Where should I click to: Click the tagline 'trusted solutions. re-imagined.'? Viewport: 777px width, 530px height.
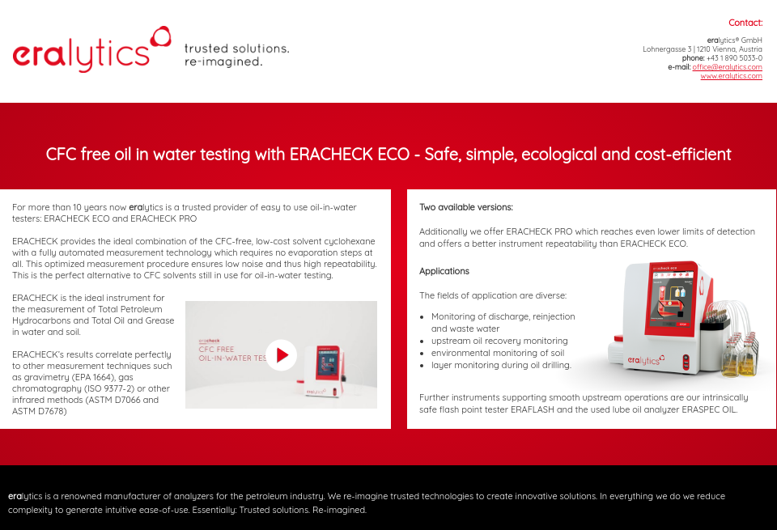[x=236, y=55]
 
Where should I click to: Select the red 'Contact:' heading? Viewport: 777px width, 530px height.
[x=745, y=23]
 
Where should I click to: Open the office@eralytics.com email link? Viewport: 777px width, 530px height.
[x=727, y=67]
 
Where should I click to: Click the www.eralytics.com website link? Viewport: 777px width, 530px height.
[x=731, y=76]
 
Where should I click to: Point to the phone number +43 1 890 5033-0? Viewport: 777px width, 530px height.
[x=734, y=58]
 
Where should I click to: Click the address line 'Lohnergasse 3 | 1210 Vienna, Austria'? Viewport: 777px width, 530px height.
[x=702, y=49]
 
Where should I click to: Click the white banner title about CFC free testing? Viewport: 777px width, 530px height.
[x=388, y=154]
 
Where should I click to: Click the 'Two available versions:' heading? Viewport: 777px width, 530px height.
[x=465, y=207]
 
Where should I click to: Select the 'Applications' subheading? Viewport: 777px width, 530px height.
[x=444, y=271]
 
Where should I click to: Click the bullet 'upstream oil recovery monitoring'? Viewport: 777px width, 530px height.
[x=499, y=341]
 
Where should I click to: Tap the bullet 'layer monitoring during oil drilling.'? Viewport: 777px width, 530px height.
[x=501, y=365]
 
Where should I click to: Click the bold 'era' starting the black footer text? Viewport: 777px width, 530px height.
[x=15, y=496]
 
